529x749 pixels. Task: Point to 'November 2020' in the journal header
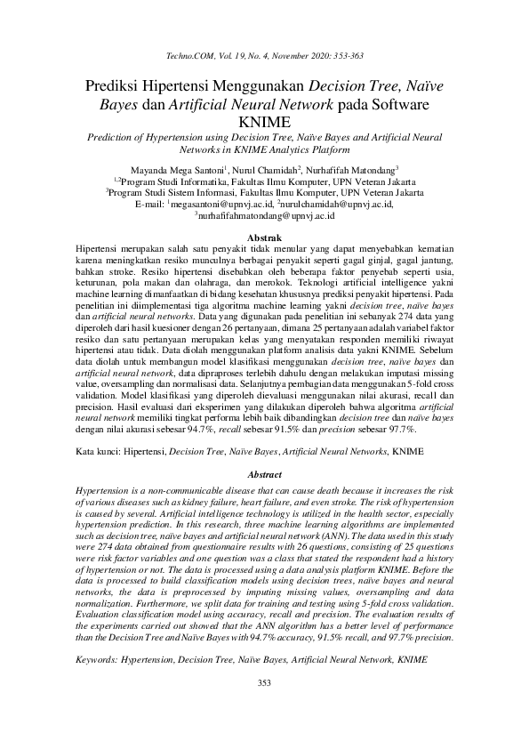(x=275, y=56)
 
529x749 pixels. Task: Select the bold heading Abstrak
(x=264, y=237)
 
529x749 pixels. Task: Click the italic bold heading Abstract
(x=264, y=476)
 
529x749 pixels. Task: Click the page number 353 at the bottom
(x=264, y=682)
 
